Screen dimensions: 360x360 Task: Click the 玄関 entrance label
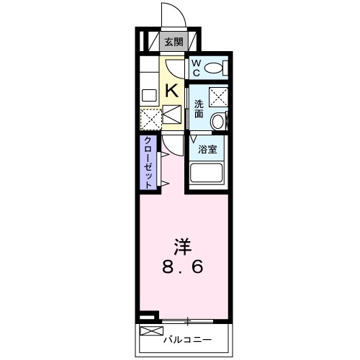pyautogui.click(x=174, y=42)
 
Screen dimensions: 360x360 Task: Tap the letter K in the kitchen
pyautogui.click(x=173, y=90)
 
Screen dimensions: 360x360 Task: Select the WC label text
pyautogui.click(x=196, y=68)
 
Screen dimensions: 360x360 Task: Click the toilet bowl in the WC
pyautogui.click(x=214, y=68)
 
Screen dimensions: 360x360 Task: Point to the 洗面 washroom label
pyautogui.click(x=199, y=109)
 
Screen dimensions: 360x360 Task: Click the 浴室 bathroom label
pyautogui.click(x=209, y=150)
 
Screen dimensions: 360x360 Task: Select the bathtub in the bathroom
pyautogui.click(x=210, y=175)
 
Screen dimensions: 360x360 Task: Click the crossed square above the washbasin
pyautogui.click(x=219, y=96)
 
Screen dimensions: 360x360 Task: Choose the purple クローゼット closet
pyautogui.click(x=148, y=161)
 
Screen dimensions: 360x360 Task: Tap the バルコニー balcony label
pyautogui.click(x=185, y=336)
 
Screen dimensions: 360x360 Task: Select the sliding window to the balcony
pyautogui.click(x=189, y=320)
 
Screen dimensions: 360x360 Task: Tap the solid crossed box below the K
pyautogui.click(x=174, y=114)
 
